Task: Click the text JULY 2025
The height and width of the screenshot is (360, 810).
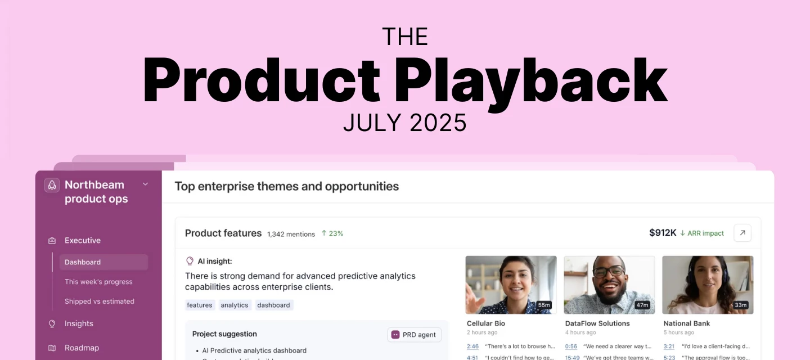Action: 405,123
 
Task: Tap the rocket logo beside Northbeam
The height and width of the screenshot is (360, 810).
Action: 52,185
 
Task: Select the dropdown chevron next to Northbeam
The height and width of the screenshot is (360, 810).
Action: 145,184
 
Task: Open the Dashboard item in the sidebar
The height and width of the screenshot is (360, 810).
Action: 83,262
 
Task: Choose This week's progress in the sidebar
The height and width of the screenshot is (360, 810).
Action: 98,282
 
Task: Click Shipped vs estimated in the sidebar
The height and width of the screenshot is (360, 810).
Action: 99,301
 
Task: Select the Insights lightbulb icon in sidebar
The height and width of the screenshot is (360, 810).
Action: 52,323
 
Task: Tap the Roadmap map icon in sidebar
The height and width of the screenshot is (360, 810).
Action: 52,348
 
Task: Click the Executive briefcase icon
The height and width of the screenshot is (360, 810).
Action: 52,241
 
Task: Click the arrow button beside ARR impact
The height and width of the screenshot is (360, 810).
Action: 742,233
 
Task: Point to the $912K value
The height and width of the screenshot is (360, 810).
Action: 663,233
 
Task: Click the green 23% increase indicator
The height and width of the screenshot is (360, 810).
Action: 332,233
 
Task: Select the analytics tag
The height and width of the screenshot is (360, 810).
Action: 235,305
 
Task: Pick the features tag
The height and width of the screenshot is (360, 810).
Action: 200,305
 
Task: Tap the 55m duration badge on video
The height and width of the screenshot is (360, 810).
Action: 543,305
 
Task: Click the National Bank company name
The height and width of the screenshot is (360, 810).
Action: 686,323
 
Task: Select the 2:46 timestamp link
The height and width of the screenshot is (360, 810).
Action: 472,346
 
